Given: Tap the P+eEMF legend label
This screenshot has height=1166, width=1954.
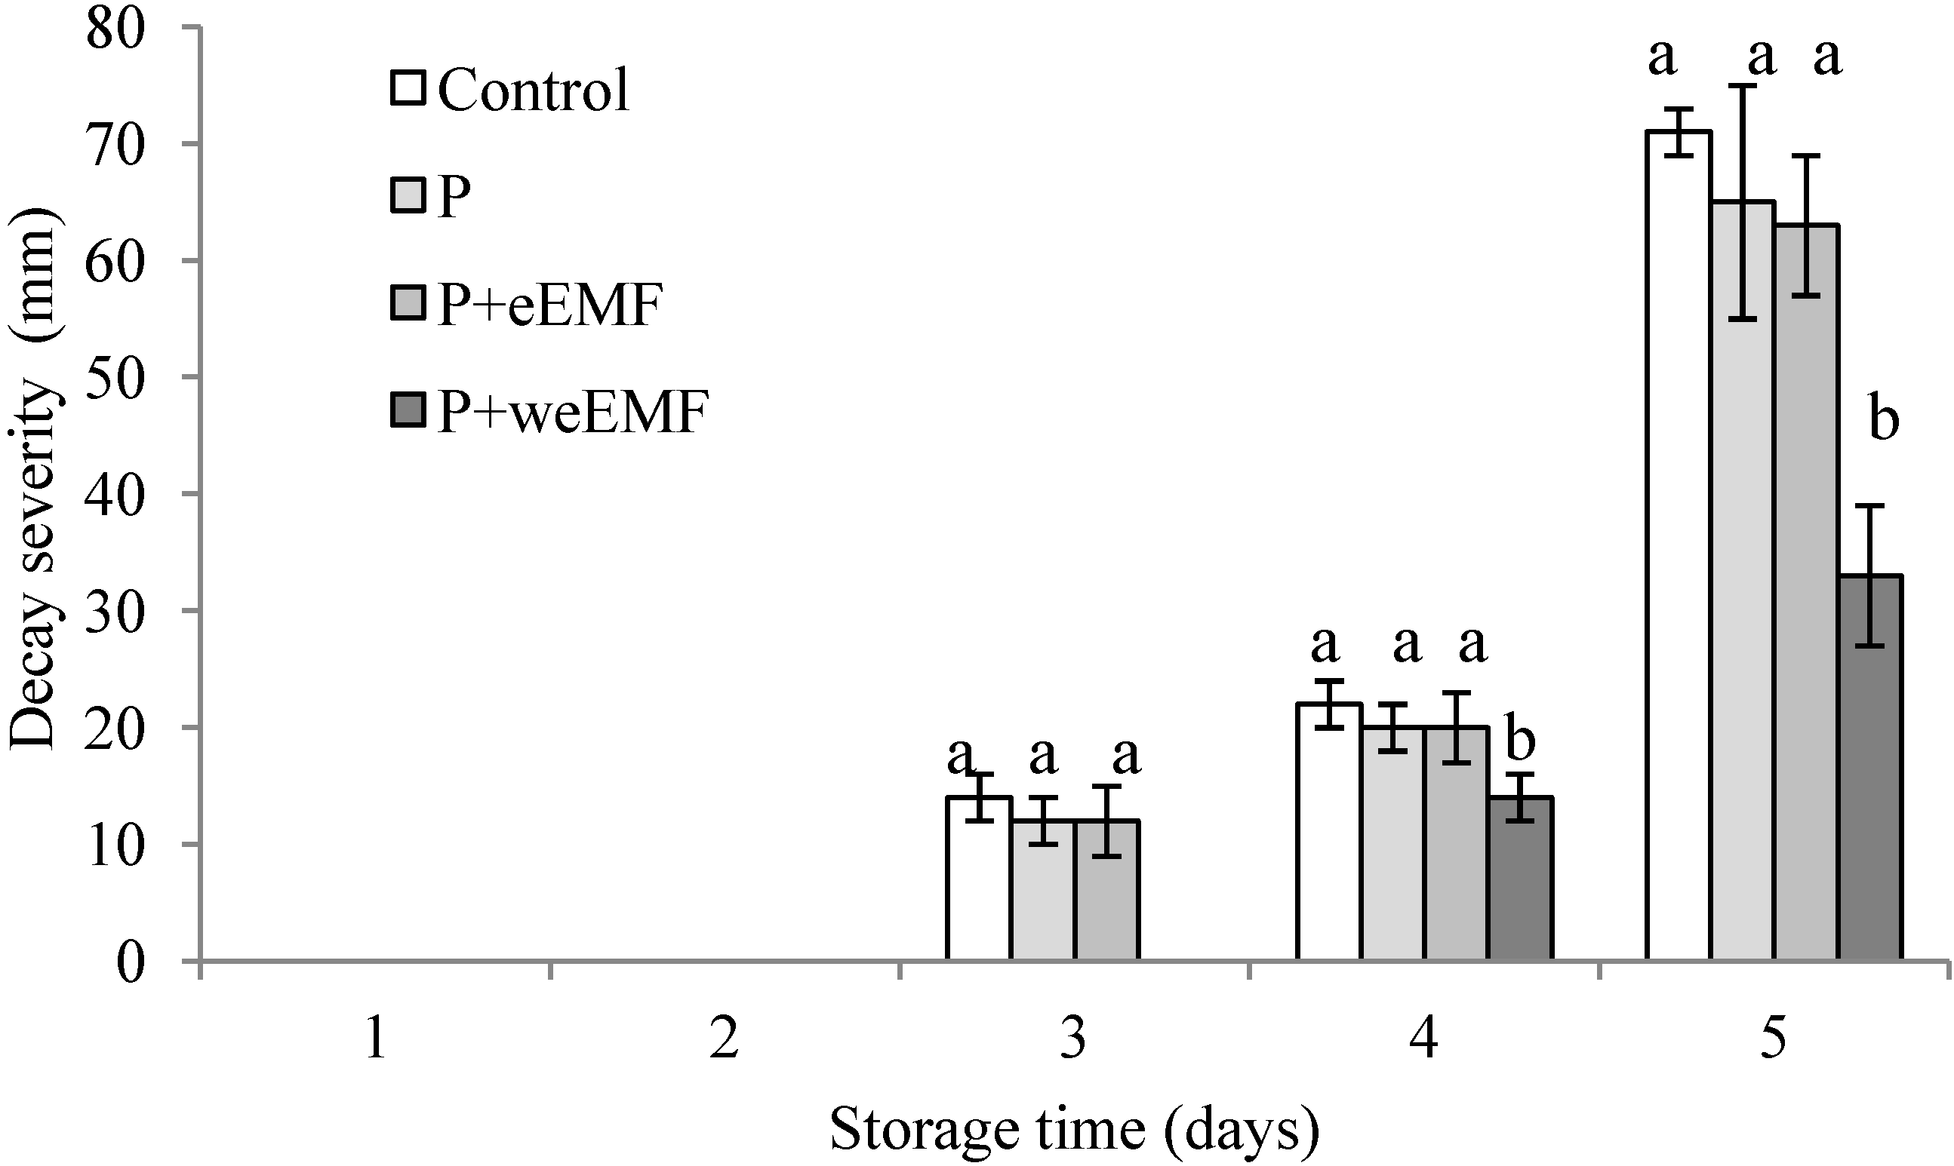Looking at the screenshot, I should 549,304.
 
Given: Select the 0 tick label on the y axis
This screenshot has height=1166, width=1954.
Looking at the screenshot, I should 132,962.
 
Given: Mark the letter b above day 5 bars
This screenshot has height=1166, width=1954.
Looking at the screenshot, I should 1884,420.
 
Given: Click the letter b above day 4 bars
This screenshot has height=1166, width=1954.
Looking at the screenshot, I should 1520,740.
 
